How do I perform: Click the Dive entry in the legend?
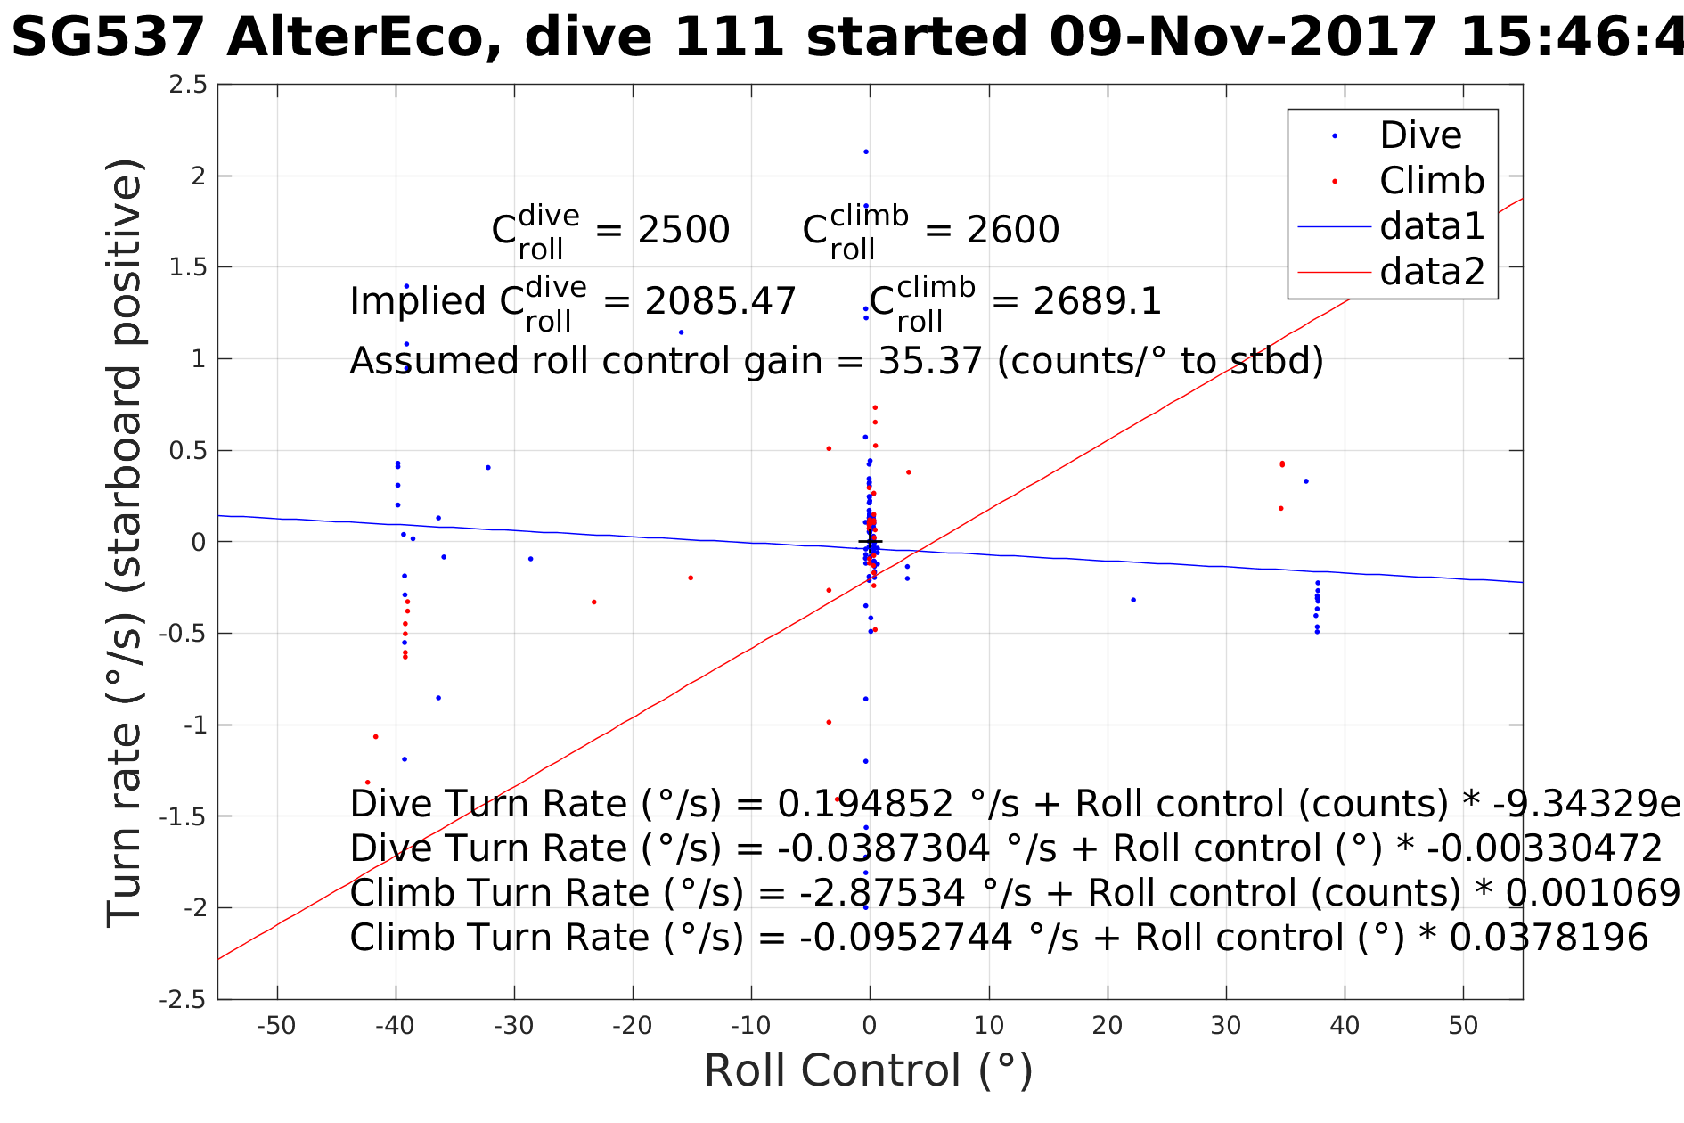pyautogui.click(x=1420, y=135)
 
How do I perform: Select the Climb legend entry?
pyautogui.click(x=1431, y=181)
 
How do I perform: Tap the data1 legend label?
pyautogui.click(x=1432, y=226)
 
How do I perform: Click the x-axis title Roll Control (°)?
pyautogui.click(x=869, y=1070)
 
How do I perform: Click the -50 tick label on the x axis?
pyautogui.click(x=276, y=1026)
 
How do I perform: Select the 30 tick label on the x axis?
pyautogui.click(x=1226, y=1026)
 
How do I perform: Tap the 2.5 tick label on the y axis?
pyautogui.click(x=188, y=85)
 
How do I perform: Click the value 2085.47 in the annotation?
pyautogui.click(x=720, y=301)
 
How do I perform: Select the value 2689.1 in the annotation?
pyautogui.click(x=1097, y=301)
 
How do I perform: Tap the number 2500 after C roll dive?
pyautogui.click(x=683, y=230)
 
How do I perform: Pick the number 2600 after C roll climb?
pyautogui.click(x=1013, y=230)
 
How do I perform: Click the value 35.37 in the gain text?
pyautogui.click(x=930, y=361)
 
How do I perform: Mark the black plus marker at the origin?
pyautogui.click(x=870, y=541)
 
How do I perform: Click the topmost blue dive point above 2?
pyautogui.click(x=865, y=152)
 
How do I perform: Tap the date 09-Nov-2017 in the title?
pyautogui.click(x=1243, y=38)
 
